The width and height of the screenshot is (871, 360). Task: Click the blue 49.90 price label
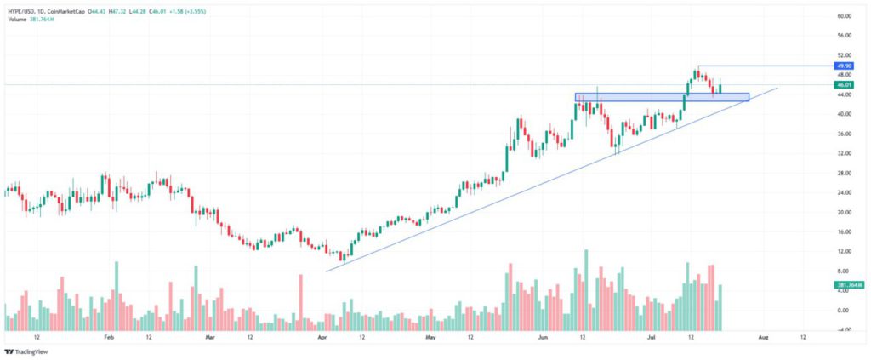tap(844, 66)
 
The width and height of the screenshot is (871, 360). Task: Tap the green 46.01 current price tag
tap(844, 85)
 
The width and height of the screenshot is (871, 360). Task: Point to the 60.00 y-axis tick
tap(844, 16)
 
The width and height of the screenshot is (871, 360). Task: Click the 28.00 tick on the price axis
tap(844, 173)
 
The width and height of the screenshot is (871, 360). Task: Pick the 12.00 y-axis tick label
tap(844, 251)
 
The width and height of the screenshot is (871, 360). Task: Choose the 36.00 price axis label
tap(844, 134)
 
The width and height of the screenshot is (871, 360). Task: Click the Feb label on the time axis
tap(108, 336)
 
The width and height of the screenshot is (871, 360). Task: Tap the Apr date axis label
tap(322, 336)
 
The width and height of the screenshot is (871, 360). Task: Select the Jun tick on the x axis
tap(543, 336)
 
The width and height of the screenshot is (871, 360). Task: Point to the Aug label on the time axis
tap(763, 336)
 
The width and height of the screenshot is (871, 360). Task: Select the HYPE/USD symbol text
tap(22, 10)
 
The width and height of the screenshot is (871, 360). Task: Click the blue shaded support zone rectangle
tap(662, 97)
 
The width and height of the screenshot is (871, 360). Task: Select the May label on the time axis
tap(430, 336)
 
